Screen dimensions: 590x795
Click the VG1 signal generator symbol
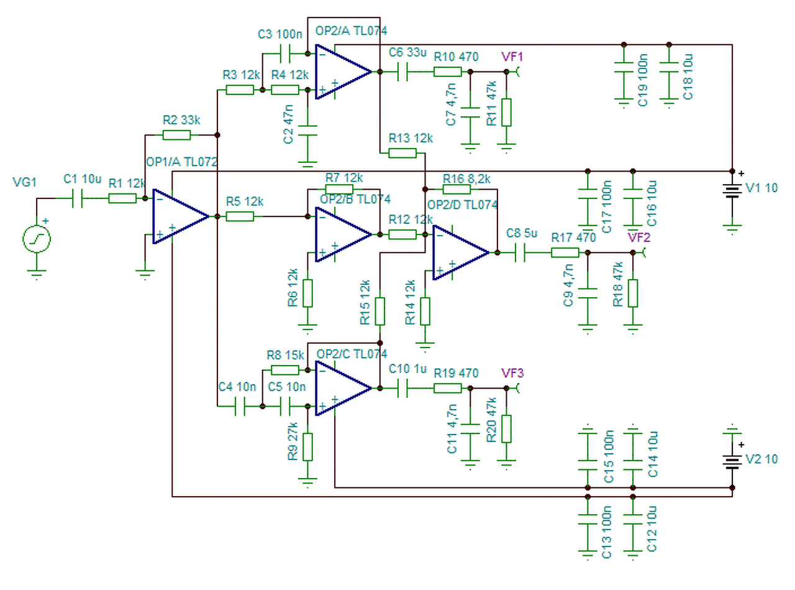(37, 239)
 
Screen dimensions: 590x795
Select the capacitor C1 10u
(78, 198)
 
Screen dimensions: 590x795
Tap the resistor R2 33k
(177, 135)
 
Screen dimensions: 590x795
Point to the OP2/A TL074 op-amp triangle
(342, 72)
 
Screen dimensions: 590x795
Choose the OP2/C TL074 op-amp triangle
(342, 388)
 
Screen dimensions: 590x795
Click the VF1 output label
(512, 57)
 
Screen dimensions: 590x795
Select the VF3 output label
(512, 373)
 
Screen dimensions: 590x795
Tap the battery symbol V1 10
(732, 190)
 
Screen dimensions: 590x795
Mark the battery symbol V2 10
(732, 461)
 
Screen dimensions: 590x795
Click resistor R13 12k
(402, 152)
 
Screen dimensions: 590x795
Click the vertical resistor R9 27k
(307, 446)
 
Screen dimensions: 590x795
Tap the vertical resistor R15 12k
(379, 311)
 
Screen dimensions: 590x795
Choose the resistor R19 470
(447, 388)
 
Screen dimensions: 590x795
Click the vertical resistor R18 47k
(632, 293)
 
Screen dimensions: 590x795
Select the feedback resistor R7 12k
(339, 189)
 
